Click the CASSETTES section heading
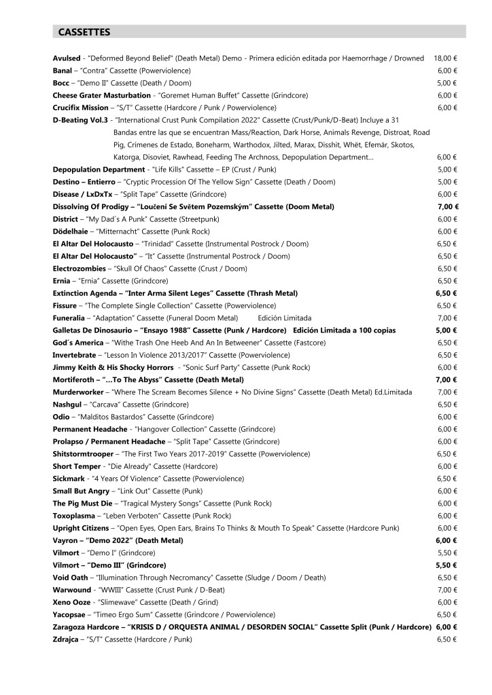(84, 31)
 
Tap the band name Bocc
(62, 83)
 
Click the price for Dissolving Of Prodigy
(446, 206)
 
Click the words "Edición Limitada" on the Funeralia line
(285, 318)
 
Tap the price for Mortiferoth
(446, 379)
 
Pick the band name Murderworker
(77, 392)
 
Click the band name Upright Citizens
(81, 527)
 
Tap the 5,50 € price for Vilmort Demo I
(446, 552)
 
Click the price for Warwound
(446, 589)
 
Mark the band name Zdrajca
(67, 639)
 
